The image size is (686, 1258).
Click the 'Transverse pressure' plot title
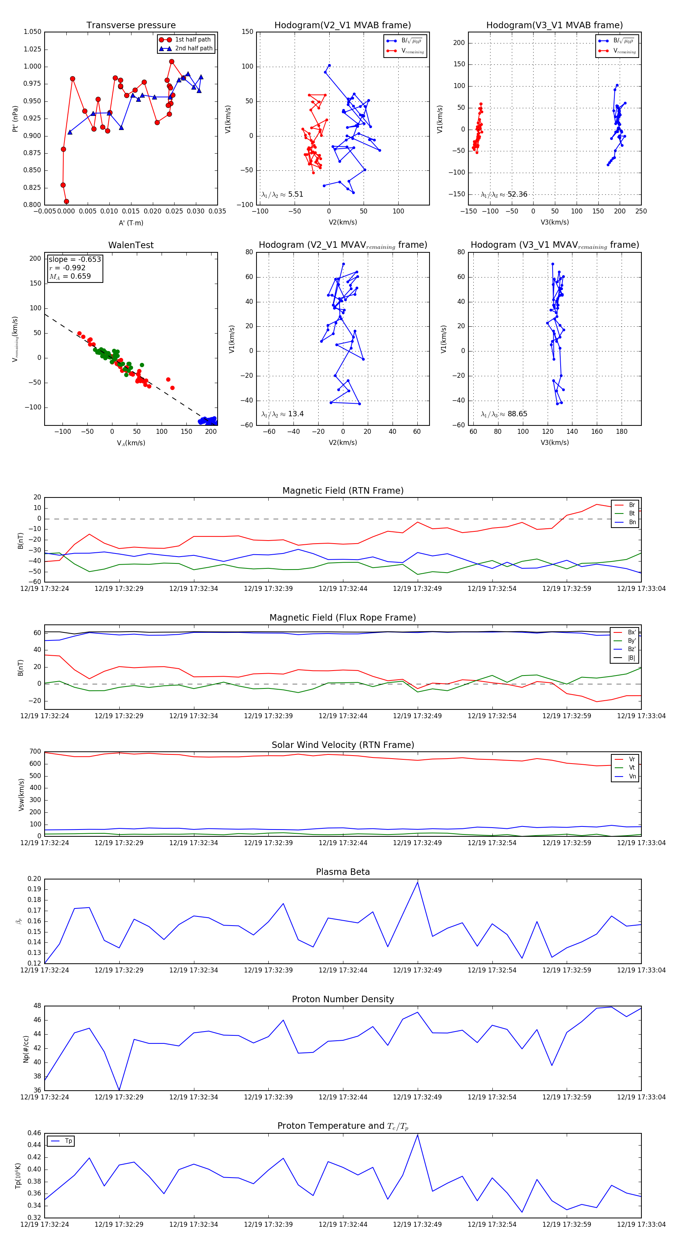(131, 26)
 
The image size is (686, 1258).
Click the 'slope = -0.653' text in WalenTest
(75, 259)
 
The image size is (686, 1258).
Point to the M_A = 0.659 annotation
(70, 276)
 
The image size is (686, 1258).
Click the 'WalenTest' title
(131, 245)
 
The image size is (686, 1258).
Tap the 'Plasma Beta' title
(343, 872)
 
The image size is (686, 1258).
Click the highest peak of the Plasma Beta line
(417, 882)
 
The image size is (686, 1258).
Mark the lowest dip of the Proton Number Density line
(119, 1090)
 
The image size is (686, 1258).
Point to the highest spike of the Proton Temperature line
(417, 1134)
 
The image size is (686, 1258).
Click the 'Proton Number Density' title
(343, 999)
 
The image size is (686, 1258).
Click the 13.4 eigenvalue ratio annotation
(295, 414)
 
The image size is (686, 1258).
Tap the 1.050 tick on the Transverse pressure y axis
(33, 32)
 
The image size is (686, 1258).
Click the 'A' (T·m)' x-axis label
(131, 223)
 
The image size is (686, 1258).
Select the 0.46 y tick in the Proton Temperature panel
(34, 1133)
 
